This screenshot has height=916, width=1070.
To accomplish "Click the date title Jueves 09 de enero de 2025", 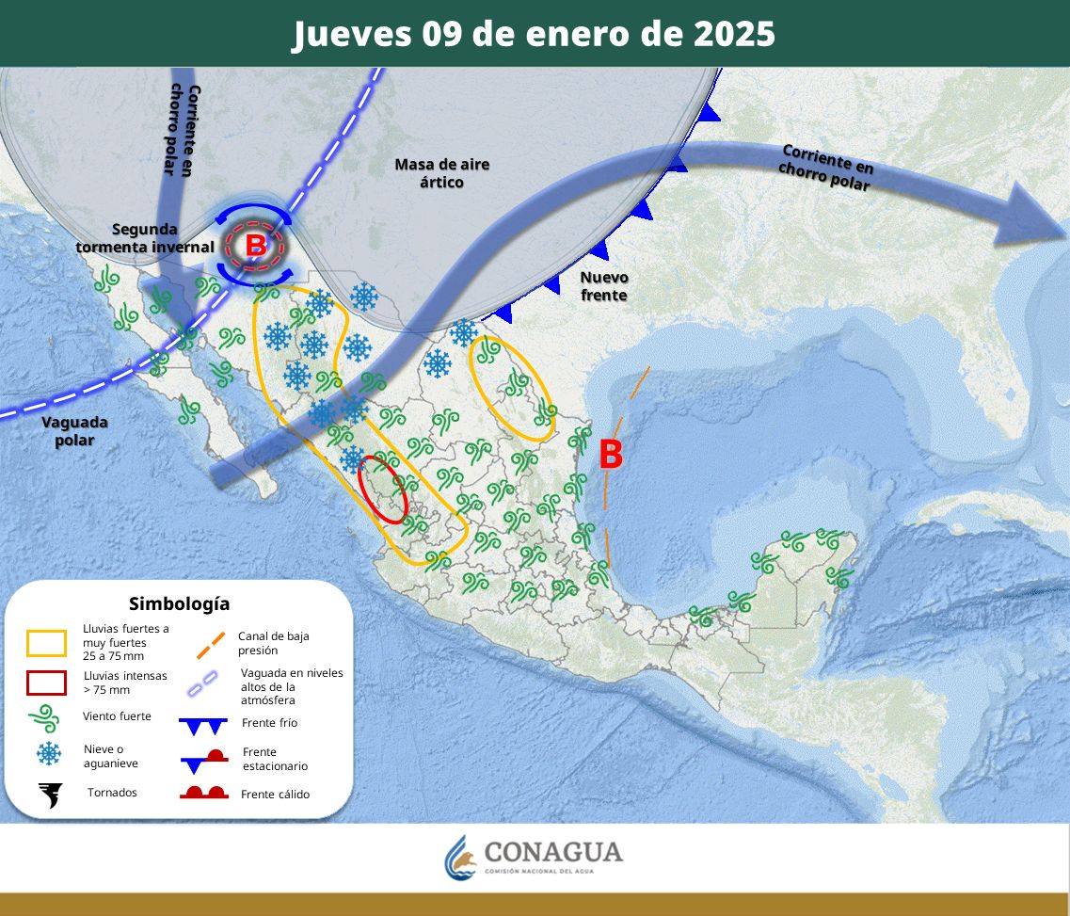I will pos(534,34).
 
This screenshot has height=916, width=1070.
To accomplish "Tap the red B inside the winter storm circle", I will pos(255,246).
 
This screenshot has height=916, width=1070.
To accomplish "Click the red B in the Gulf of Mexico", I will pos(611,456).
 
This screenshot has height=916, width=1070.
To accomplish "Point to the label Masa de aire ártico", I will pos(441,173).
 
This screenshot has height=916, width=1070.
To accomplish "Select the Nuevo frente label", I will pos(603,286).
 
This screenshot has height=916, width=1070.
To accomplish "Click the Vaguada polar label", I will pos(74,430).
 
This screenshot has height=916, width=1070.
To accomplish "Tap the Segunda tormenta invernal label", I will pos(145,237).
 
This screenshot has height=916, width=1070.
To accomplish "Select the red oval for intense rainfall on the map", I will pos(384,489).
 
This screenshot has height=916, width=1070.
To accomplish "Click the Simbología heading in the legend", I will pos(179,604).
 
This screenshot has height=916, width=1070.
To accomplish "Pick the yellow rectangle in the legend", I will pos(46,643).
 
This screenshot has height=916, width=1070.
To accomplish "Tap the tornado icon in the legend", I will pos(48,795).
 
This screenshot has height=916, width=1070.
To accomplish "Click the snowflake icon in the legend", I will pos(48,754).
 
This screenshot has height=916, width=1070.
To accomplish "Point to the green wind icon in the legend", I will pos(45,718).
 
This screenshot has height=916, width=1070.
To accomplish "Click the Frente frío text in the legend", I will pos(269,723).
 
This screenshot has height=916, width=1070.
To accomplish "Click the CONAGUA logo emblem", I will pos(461,857).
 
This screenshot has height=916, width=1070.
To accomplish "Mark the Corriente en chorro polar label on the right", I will pos(826,167).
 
